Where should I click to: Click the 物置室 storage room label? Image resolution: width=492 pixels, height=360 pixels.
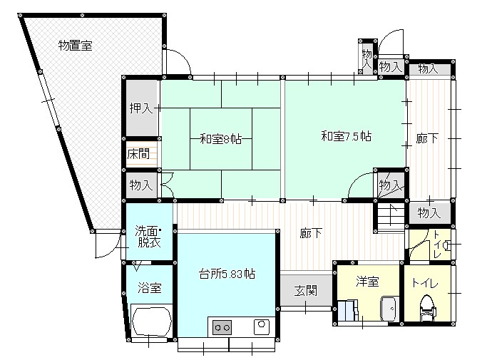[76, 46]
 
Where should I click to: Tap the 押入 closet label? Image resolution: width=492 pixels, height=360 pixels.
[141, 108]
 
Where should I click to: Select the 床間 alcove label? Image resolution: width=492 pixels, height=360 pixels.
[138, 154]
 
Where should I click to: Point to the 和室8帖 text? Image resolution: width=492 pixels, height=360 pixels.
[221, 138]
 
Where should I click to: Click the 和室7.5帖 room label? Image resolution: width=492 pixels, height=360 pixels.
[346, 136]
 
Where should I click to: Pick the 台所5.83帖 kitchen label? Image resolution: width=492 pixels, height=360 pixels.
[227, 274]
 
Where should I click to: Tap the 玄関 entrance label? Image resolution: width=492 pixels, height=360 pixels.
[306, 291]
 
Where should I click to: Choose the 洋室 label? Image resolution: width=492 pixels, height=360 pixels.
[367, 282]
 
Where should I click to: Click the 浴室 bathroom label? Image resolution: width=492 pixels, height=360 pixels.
[150, 288]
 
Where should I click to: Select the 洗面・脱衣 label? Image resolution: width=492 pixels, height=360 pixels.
[148, 237]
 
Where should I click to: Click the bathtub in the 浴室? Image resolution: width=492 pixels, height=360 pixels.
[152, 322]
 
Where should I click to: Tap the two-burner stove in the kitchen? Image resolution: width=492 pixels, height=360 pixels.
[222, 328]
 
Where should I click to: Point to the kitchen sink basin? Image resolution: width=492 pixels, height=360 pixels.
[261, 326]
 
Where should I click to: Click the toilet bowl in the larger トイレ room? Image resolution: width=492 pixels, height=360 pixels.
[427, 308]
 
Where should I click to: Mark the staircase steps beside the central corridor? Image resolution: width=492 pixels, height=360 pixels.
[390, 217]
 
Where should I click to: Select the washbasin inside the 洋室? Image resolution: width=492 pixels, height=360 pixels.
[389, 309]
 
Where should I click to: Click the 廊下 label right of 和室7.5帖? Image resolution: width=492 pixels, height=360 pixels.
[427, 138]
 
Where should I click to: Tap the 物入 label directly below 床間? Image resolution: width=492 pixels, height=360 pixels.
[141, 185]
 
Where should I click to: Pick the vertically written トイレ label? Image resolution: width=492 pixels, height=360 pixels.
[436, 245]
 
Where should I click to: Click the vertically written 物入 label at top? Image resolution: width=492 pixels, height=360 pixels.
[367, 58]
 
